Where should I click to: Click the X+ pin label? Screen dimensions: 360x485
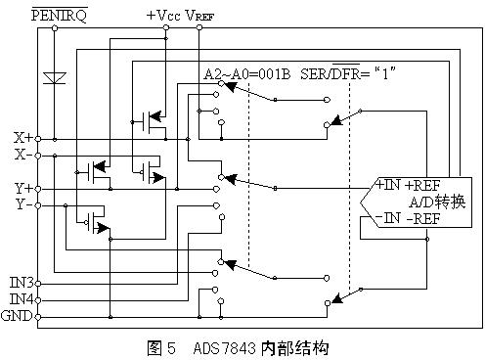point(22,138)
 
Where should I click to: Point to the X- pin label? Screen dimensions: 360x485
point(22,155)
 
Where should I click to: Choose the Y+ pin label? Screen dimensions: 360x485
point(22,188)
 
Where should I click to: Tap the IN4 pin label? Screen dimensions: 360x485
point(21,299)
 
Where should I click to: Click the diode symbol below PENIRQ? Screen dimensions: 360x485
point(56,78)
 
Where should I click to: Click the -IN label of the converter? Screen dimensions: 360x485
point(385,217)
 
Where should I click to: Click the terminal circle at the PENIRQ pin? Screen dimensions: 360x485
point(55,28)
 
